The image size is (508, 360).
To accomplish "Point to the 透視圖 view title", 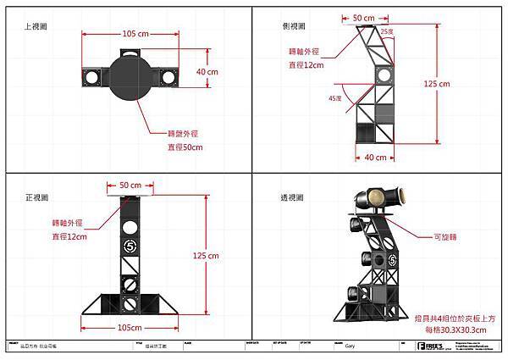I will tap(293, 197).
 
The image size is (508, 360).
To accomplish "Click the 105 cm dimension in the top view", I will tap(135, 34).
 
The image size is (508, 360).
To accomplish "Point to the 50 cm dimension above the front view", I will tap(130, 185).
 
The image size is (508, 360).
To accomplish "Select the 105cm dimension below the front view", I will tap(130, 327).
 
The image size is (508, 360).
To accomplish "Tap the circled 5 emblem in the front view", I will tap(130, 246).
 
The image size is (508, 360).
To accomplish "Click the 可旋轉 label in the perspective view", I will tap(446, 238).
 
